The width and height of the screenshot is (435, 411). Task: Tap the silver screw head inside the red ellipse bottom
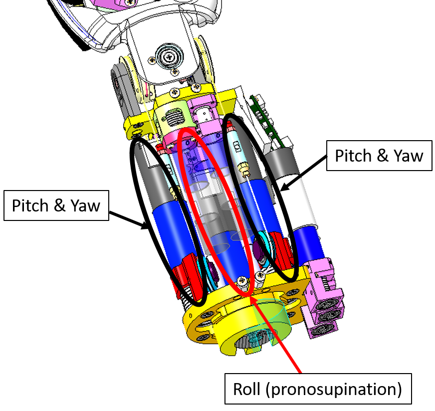[243, 282]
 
